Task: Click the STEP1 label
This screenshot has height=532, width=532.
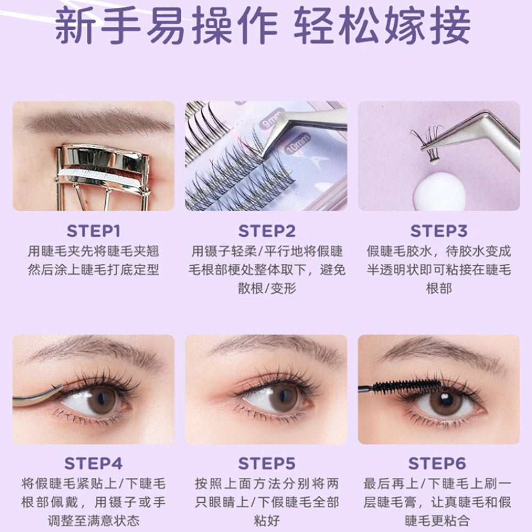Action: (x=93, y=231)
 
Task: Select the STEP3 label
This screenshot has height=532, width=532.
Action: (x=439, y=231)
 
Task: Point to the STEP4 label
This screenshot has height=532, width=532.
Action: (x=93, y=463)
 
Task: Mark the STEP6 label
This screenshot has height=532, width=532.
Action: (x=439, y=463)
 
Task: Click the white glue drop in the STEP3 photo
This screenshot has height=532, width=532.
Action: (x=439, y=190)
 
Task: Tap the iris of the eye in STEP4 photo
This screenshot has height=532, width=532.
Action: (x=102, y=400)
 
